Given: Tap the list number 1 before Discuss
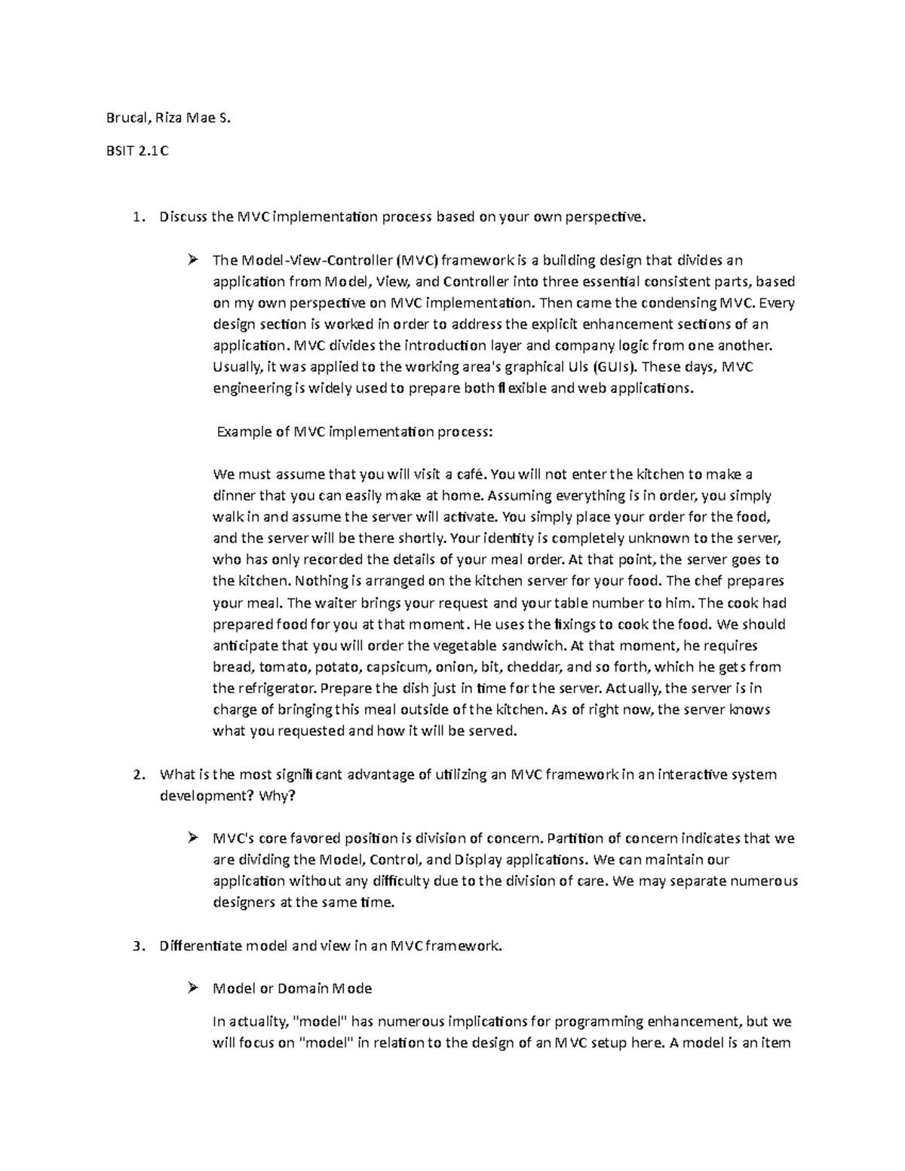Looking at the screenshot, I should [136, 218].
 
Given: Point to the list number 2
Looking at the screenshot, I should [136, 774].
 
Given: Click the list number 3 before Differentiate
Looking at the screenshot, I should [136, 946].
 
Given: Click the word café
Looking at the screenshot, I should [470, 474].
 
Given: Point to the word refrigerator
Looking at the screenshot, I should [276, 688].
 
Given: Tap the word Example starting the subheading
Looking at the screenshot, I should [244, 432].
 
